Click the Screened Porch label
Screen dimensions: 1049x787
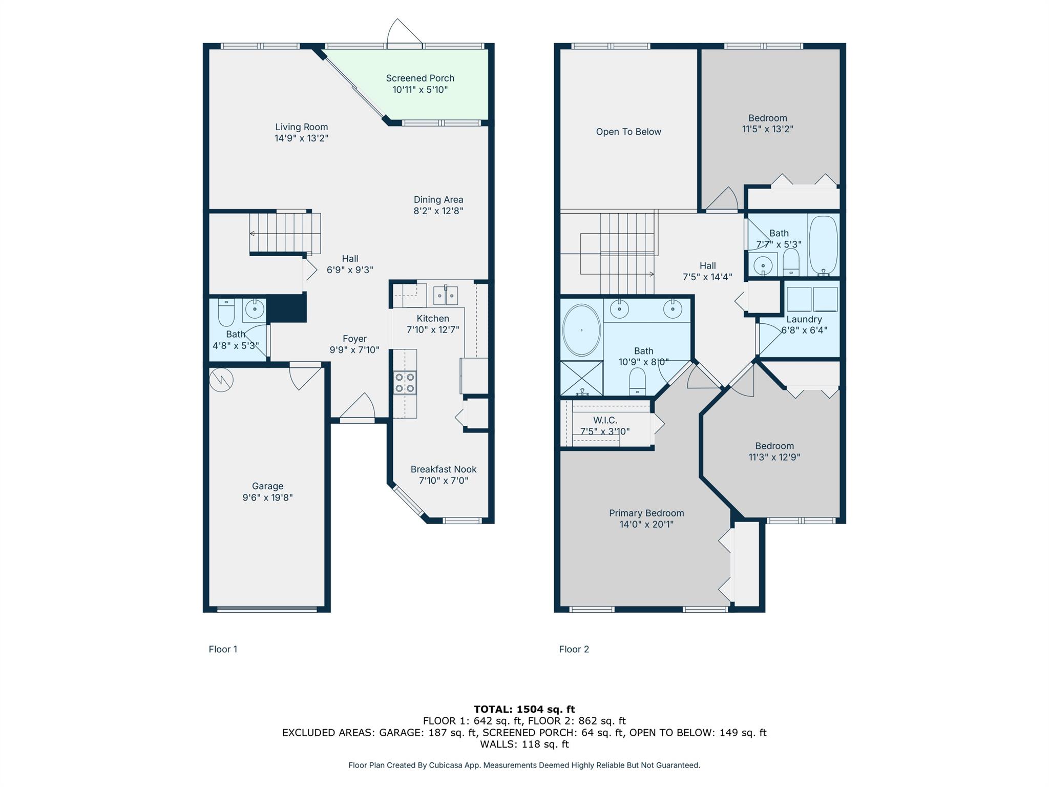(420, 78)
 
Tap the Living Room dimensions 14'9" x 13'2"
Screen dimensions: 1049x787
(301, 138)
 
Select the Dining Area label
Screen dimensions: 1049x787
(438, 200)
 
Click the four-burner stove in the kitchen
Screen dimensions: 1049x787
(405, 383)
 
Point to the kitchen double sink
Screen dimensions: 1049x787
(446, 295)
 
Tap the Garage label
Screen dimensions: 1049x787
(267, 486)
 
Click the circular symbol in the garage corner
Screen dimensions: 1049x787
(221, 380)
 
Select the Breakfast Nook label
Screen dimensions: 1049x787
(444, 469)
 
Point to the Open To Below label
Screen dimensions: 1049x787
(628, 132)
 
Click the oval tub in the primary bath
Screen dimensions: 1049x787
(582, 330)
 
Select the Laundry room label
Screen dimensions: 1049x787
(804, 319)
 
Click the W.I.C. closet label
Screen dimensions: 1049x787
(605, 420)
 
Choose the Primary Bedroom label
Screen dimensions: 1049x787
(646, 513)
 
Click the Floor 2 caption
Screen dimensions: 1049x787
(574, 649)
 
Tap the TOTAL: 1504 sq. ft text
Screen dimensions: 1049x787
(524, 709)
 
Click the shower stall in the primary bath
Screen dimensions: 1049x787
(582, 378)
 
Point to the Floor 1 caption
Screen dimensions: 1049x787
(223, 649)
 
